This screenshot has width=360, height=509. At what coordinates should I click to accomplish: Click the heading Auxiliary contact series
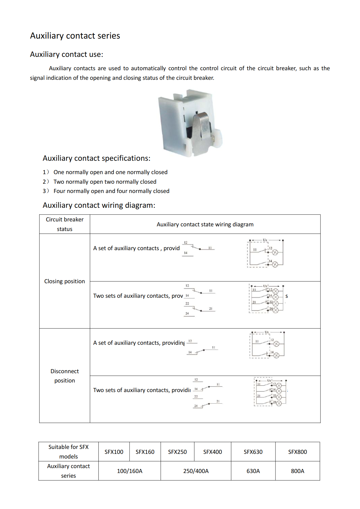[75, 36]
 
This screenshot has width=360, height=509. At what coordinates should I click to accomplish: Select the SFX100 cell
[114, 452]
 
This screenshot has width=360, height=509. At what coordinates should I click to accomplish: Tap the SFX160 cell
[145, 452]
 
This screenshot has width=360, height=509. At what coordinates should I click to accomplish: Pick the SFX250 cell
[177, 452]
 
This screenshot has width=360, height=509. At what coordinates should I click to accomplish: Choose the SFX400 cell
[213, 452]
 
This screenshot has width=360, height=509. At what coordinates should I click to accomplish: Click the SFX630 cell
[253, 452]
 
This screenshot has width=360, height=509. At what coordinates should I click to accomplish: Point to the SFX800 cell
[297, 452]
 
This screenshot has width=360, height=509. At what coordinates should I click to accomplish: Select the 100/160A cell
[129, 471]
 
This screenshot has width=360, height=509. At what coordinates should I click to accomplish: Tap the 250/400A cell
[196, 471]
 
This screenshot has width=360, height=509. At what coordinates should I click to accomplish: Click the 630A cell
[253, 471]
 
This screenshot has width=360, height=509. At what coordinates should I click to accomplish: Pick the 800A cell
[297, 471]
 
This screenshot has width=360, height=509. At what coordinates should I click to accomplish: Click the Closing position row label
[64, 281]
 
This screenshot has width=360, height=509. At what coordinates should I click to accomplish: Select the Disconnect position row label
[64, 376]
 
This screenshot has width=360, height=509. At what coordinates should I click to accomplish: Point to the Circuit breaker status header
[64, 224]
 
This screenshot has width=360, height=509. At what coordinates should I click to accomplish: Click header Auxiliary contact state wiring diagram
[205, 224]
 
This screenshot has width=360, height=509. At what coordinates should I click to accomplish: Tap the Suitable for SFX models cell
[68, 452]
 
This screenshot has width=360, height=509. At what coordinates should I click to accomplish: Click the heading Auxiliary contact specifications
[96, 158]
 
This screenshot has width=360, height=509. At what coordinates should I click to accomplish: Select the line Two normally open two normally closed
[105, 182]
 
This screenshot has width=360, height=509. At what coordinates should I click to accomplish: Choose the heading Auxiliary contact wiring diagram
[99, 205]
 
